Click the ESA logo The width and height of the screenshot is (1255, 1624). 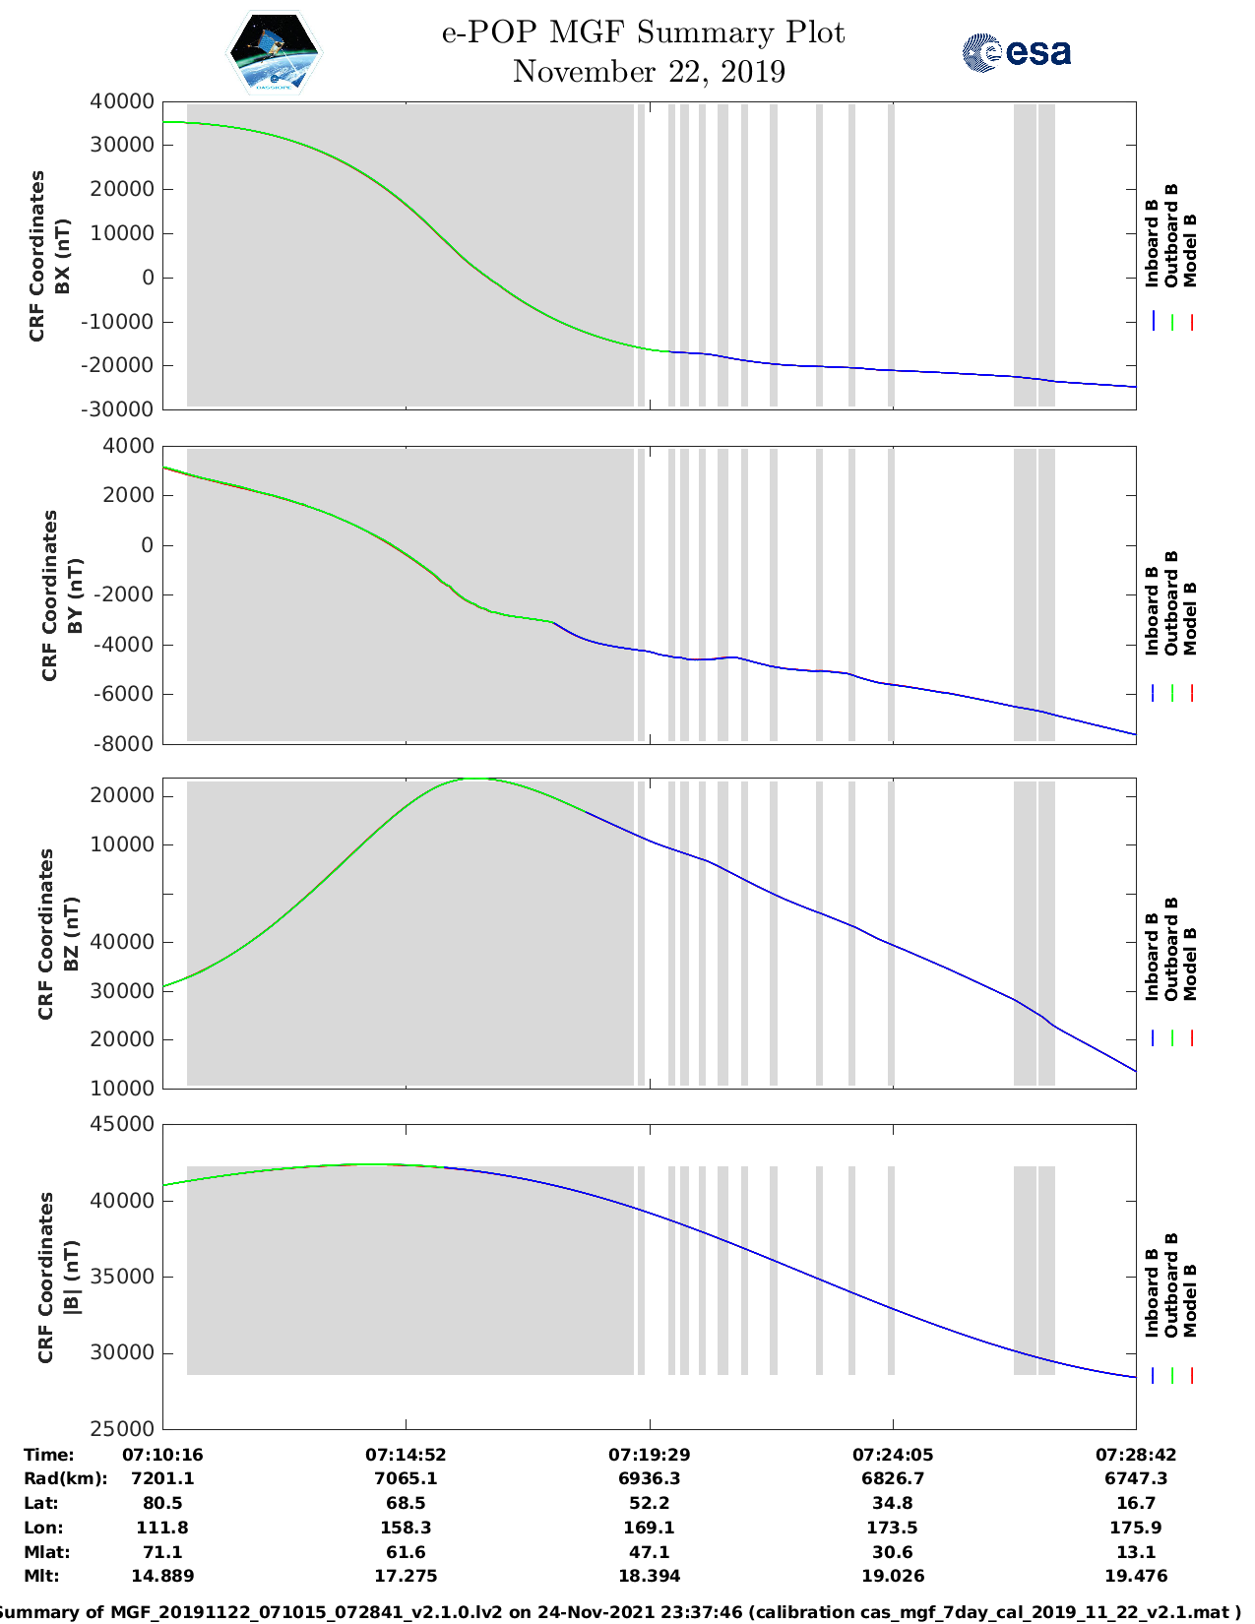click(1016, 51)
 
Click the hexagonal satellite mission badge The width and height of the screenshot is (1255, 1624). click(274, 52)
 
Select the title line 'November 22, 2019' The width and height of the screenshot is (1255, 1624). click(649, 72)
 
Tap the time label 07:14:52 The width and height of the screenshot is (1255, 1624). click(406, 1454)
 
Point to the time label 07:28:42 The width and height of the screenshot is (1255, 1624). click(1136, 1454)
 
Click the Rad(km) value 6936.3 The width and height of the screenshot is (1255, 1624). click(649, 1478)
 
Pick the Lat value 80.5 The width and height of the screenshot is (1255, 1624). click(162, 1503)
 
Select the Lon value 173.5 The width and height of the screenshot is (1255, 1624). click(892, 1528)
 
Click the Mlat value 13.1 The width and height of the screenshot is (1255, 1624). click(1136, 1552)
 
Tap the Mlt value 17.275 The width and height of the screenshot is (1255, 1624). click(406, 1576)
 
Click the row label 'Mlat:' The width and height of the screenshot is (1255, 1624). click(44, 1552)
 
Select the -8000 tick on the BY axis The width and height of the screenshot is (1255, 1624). click(125, 744)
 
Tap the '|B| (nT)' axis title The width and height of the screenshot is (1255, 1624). click(71, 1278)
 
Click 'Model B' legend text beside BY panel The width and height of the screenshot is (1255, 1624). click(1190, 618)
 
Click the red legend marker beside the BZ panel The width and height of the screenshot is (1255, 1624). click(1191, 1037)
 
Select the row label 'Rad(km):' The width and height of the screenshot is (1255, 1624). click(65, 1478)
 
